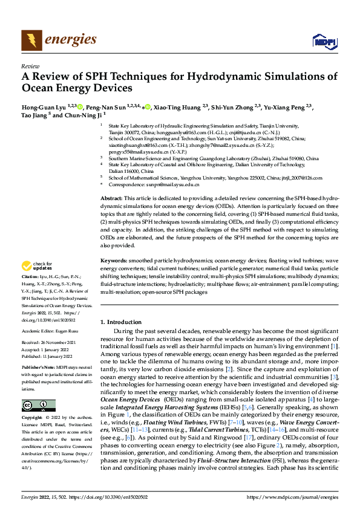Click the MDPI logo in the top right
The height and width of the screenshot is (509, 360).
coord(324,41)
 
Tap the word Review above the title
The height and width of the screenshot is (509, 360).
coord(30,66)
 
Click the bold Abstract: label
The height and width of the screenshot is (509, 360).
coord(111,198)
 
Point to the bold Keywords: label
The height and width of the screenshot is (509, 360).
coord(113,260)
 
